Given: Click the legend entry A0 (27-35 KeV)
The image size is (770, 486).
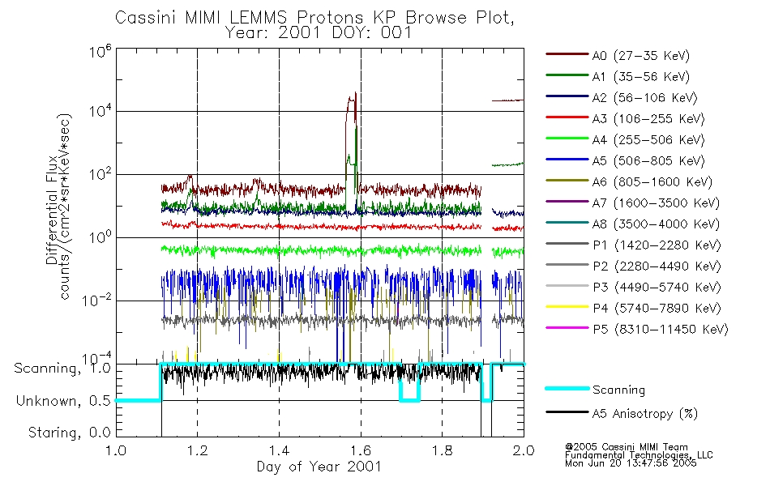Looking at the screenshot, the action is coord(640,55).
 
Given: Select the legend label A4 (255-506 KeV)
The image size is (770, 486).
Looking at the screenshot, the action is coord(648,140).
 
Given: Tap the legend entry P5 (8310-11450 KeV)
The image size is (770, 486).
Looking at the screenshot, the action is coord(661,329).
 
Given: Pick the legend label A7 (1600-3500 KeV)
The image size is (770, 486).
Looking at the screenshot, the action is coord(656,202).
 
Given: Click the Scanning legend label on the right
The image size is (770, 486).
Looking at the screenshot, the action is coord(618,390).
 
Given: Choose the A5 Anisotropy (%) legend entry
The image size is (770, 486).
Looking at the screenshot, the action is coord(645,414).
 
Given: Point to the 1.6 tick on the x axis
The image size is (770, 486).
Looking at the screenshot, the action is coord(361,450).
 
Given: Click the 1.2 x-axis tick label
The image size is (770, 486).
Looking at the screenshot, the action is coord(198,450).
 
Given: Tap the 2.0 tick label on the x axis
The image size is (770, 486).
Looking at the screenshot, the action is coord(524,450).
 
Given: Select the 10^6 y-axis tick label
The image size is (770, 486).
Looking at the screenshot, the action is coord(101,51).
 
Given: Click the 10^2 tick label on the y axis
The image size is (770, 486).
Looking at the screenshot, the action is coord(101,174).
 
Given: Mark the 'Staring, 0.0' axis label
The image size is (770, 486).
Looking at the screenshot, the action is coord(69,433).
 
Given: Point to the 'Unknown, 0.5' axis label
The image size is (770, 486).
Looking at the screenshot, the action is coord(63,401).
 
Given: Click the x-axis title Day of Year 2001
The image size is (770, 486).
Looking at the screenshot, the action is coord(319,467).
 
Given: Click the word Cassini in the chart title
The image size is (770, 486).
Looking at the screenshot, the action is coord(146,18).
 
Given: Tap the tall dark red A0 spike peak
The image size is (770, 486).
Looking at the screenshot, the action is coord(355,93).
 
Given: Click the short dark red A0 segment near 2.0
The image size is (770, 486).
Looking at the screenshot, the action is coord(507,100).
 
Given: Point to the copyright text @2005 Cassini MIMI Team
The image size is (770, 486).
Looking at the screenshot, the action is coord(626,447).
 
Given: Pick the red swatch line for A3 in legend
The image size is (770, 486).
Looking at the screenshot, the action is coord(567,117).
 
